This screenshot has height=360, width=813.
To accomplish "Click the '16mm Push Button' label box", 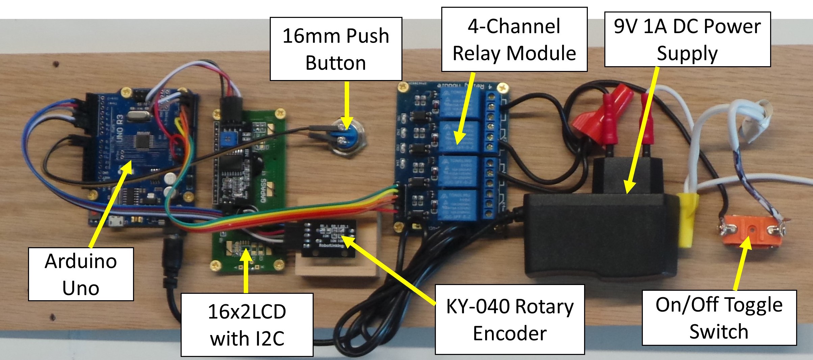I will (336, 49).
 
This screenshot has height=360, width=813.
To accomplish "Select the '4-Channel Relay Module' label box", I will (514, 40).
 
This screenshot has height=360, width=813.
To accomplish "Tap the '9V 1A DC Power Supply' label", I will (687, 40).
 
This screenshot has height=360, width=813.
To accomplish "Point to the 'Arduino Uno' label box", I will (81, 274).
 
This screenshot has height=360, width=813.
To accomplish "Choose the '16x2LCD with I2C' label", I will (247, 325).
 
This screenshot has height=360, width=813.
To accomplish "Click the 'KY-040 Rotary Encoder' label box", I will (509, 319).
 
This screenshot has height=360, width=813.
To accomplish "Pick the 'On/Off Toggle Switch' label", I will (719, 318).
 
